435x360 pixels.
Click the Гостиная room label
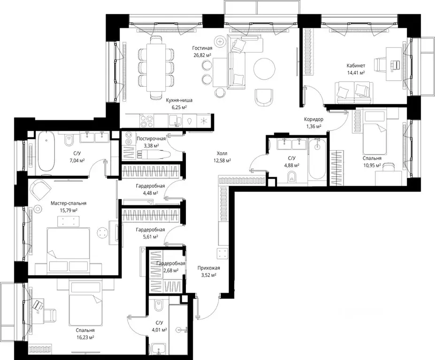coord(203,48)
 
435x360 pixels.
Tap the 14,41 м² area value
coord(355,73)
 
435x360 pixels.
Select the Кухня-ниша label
coord(179,100)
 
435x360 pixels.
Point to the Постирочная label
coord(151,139)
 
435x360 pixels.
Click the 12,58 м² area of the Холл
coord(222,160)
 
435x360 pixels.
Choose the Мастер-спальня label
coord(69,203)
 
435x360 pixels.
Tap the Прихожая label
coord(209,268)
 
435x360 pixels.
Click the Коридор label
coord(313,120)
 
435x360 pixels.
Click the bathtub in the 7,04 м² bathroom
coord(46,151)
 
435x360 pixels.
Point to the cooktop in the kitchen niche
coord(146,121)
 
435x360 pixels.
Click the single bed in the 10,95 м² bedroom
coord(375,133)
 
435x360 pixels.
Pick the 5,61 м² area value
coord(150,237)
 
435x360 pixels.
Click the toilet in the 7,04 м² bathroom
coord(69,141)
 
